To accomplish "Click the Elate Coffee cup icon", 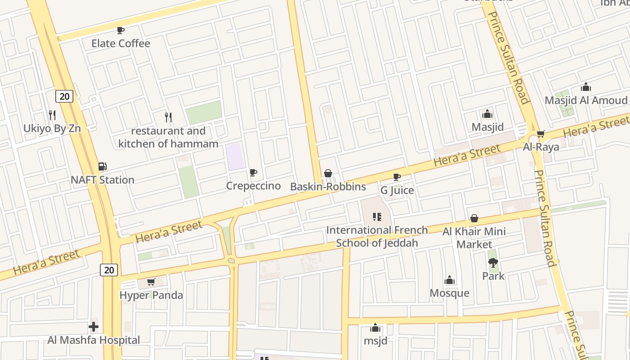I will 121,31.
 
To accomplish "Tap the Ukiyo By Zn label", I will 52,128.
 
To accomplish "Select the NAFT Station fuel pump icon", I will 103,167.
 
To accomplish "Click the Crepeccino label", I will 253,186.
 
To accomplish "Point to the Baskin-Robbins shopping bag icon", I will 328,174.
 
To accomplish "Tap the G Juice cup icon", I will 397,177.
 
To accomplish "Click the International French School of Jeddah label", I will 377,236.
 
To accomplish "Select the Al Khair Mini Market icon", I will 474,219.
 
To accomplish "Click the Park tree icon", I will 493,263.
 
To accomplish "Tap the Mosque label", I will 450,293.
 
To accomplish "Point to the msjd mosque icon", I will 375,328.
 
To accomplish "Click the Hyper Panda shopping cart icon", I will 151,282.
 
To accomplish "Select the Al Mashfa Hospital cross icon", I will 94,327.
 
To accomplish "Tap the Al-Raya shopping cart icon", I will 541,134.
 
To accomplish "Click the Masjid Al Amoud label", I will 586,100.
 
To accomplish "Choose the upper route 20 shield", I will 65,96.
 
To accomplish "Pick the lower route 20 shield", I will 109,270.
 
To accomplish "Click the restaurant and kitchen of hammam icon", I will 168,117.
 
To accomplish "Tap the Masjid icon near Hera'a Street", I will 487,114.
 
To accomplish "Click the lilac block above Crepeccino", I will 235,157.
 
